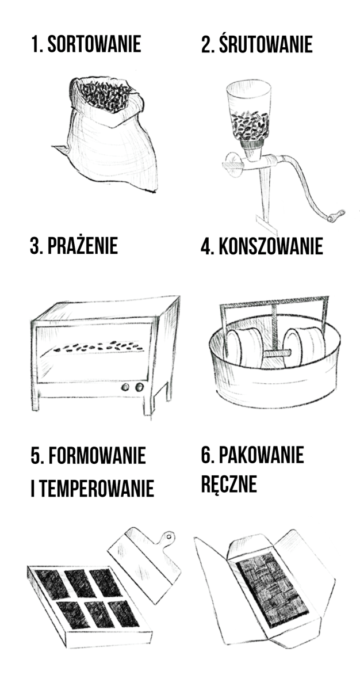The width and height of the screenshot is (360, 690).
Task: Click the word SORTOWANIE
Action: point(94,44)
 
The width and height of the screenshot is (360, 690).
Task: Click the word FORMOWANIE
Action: point(97,455)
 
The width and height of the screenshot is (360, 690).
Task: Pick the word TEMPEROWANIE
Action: point(95,489)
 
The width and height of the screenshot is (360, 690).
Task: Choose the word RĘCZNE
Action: point(229,483)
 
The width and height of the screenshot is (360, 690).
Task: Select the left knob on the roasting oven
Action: point(126,387)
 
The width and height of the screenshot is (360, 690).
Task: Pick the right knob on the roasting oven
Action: point(139,387)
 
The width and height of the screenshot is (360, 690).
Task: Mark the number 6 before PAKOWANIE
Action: point(206,455)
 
